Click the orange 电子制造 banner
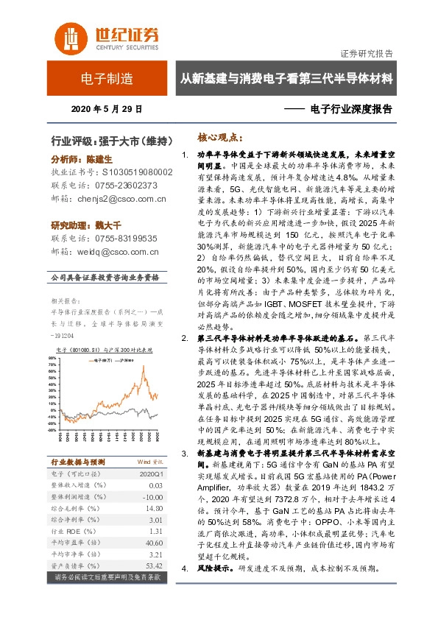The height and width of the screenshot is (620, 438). (107, 78)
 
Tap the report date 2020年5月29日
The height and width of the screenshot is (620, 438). (107, 109)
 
